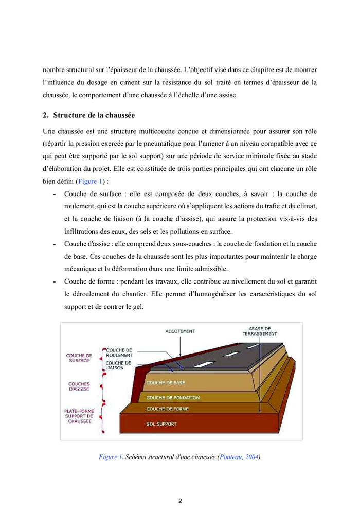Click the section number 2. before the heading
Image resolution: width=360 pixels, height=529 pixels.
[45, 115]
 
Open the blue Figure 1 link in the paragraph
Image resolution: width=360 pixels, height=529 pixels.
[91, 181]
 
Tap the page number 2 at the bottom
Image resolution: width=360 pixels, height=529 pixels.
[180, 501]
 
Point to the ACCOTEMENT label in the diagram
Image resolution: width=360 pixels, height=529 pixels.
[180, 331]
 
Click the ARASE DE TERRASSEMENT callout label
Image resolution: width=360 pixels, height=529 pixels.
[260, 331]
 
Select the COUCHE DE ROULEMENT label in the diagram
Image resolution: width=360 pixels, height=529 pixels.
[119, 352]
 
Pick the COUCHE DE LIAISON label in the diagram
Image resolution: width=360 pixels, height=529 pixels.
[118, 365]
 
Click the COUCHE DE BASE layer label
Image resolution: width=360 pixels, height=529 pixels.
[166, 383]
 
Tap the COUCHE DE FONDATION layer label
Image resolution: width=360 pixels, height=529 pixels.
[173, 398]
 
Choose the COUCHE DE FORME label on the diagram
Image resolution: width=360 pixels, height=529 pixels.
[167, 409]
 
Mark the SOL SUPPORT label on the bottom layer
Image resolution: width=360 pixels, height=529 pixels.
[161, 424]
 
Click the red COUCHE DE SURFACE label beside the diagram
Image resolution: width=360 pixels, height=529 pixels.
[79, 358]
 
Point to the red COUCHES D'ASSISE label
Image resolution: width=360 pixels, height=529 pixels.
[79, 386]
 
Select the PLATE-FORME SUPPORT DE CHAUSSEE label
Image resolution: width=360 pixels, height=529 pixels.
[79, 416]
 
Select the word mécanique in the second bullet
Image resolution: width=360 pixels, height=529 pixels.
[81, 269]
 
